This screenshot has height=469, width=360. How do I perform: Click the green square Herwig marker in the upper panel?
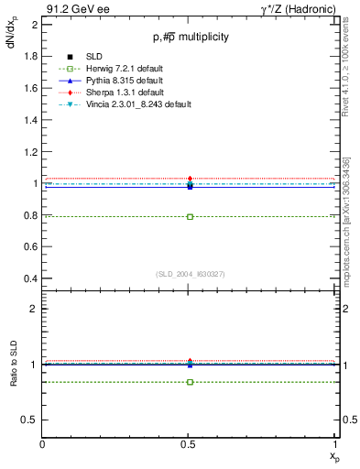pos(190,217)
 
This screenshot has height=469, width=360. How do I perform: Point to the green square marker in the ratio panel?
pos(190,381)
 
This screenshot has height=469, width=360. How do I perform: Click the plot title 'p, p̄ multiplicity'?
pos(190,37)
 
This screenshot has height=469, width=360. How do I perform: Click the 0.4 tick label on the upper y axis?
pos(28,278)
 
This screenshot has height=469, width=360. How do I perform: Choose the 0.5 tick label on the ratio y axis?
pos(28,420)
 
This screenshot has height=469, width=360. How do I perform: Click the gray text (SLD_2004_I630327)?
pos(190,274)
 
